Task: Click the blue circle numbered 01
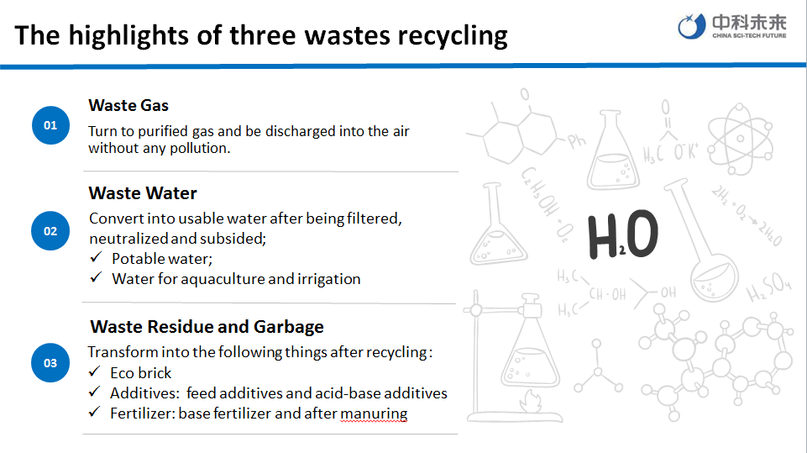(x=50, y=125)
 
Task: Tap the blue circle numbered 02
(x=50, y=231)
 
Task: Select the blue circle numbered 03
(x=50, y=363)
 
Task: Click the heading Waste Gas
(x=128, y=106)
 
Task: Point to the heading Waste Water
(x=143, y=193)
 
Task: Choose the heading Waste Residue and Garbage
(x=207, y=327)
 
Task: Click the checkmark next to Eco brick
(x=94, y=371)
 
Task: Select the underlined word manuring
(x=374, y=413)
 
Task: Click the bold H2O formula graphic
(x=623, y=234)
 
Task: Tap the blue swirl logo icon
(x=691, y=26)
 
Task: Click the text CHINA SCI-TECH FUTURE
(x=749, y=35)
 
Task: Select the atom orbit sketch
(x=740, y=139)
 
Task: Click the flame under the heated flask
(x=531, y=401)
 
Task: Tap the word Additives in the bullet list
(x=144, y=393)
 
